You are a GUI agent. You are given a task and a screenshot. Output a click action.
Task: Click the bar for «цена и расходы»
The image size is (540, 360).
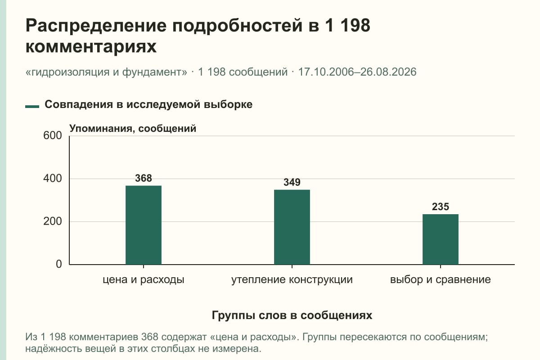[x=144, y=225]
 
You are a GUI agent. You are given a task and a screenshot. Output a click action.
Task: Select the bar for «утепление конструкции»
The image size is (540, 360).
[x=292, y=227]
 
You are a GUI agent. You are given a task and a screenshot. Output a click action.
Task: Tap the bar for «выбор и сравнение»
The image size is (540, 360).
[x=441, y=239]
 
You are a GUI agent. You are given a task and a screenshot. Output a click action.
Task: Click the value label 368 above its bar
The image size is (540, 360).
[x=144, y=178]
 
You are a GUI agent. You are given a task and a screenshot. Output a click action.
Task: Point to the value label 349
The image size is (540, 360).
[x=292, y=182]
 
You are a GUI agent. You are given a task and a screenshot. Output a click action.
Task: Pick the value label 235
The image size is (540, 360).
[x=441, y=207]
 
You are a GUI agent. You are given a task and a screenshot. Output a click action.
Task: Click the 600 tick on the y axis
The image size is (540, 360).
[x=53, y=135]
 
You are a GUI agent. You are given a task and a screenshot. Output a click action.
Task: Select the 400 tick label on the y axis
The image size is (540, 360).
[x=53, y=179]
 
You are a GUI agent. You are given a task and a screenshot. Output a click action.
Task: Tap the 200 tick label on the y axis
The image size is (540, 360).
[x=53, y=221]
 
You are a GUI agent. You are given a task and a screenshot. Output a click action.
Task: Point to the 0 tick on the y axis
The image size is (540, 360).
[x=59, y=264]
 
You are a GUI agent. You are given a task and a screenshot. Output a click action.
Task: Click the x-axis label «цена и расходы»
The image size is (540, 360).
[x=144, y=280]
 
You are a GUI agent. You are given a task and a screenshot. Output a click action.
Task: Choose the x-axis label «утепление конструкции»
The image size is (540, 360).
[x=292, y=280]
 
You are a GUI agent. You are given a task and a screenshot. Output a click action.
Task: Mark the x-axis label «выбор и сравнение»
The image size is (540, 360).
[x=441, y=280]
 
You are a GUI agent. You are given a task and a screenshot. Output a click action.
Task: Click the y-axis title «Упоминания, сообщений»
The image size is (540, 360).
[x=133, y=129]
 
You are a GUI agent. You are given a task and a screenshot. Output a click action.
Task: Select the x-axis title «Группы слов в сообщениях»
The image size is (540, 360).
[x=292, y=315]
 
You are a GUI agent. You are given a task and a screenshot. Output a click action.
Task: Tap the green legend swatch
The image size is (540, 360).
[x=32, y=107]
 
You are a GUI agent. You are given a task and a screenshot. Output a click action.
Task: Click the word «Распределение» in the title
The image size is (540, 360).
[x=96, y=26]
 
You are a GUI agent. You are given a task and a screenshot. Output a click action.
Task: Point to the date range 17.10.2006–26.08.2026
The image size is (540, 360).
[x=357, y=72]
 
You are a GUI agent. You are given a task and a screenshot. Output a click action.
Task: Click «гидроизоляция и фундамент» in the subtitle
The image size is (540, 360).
[x=106, y=72]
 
